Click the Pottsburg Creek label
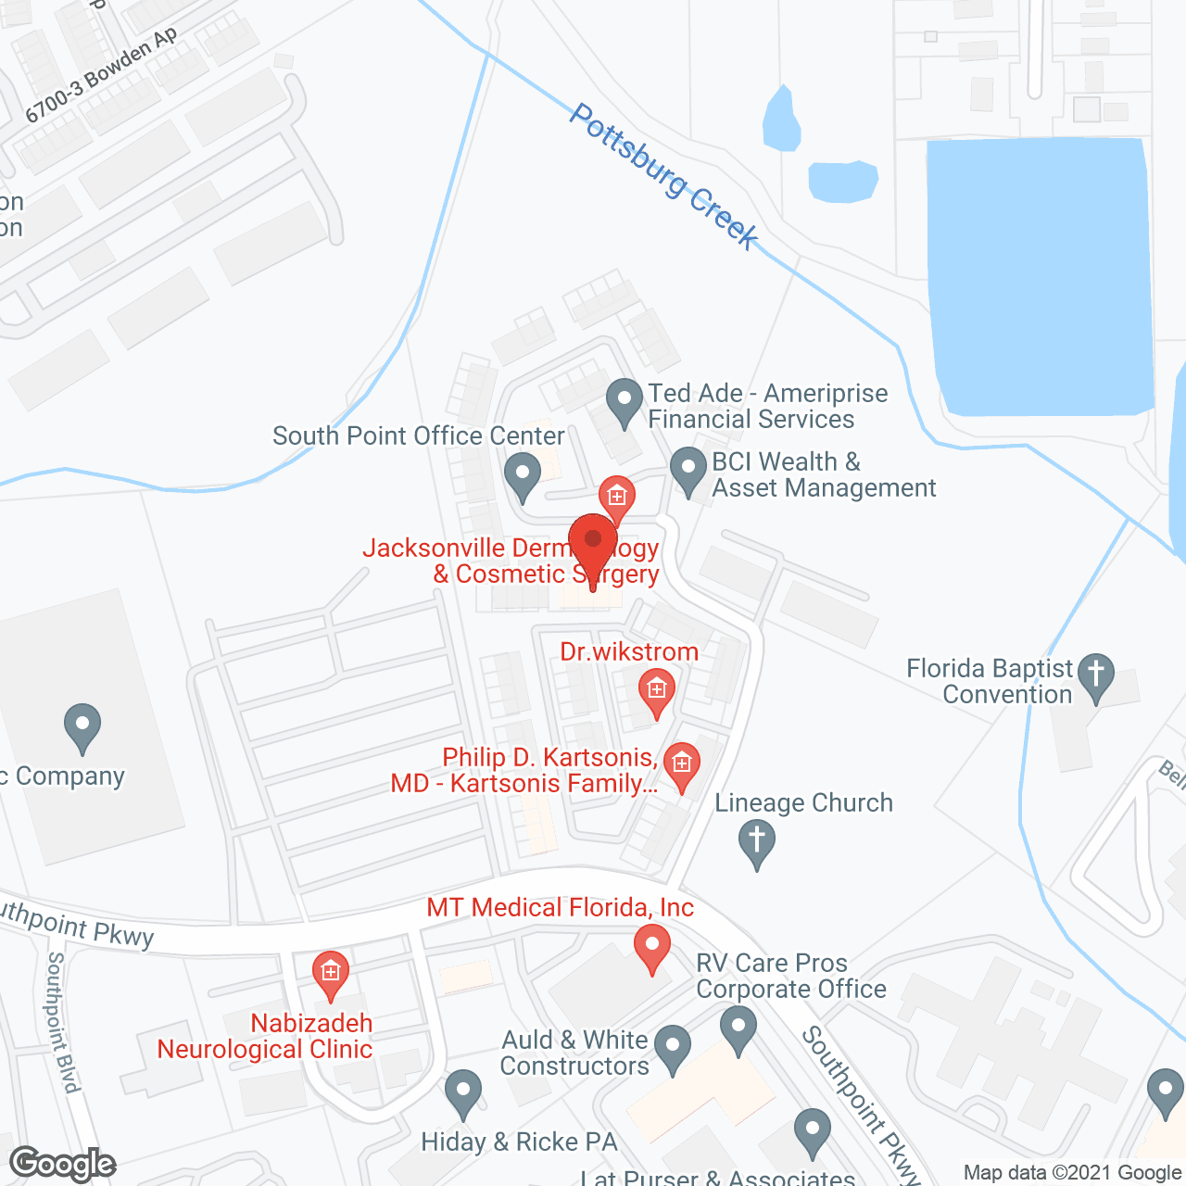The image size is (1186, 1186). coord(663,176)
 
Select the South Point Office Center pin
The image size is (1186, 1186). coord(523,476)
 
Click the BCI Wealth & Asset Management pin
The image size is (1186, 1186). coord(688,471)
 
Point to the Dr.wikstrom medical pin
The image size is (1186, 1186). coord(656,691)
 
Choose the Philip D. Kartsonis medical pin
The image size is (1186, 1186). coord(682,766)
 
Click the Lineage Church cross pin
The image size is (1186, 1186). coord(757,844)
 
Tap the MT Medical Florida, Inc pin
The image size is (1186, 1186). coord(652,947)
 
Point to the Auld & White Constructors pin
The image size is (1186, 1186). coord(673,1049)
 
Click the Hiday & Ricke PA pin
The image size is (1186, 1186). coord(462,1093)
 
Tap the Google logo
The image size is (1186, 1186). coord(63,1164)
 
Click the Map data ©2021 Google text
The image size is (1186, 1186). coord(1073,1173)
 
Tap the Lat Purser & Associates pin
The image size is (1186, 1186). coord(813,1132)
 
